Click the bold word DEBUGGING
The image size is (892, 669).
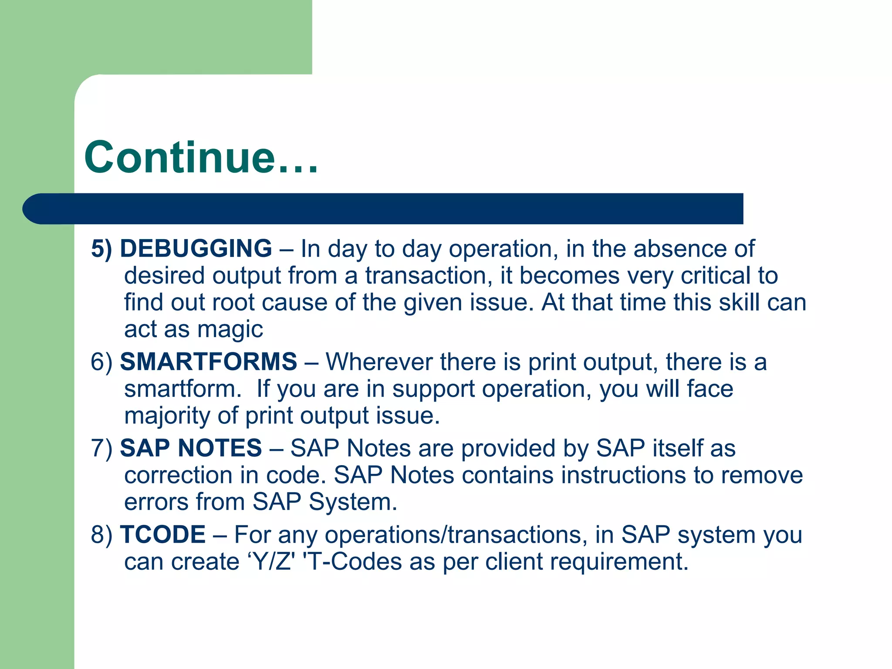(x=196, y=249)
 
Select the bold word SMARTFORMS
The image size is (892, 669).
(x=208, y=362)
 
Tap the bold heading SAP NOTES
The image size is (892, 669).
(x=191, y=448)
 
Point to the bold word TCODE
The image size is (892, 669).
(x=162, y=535)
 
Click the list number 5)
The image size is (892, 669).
(x=101, y=249)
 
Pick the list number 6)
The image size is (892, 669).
(x=101, y=362)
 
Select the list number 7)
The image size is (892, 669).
(x=101, y=449)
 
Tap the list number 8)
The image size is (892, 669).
(x=101, y=535)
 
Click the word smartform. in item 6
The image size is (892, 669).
(x=182, y=389)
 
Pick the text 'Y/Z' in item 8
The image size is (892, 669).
(x=271, y=562)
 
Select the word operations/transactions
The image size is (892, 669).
(x=453, y=535)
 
